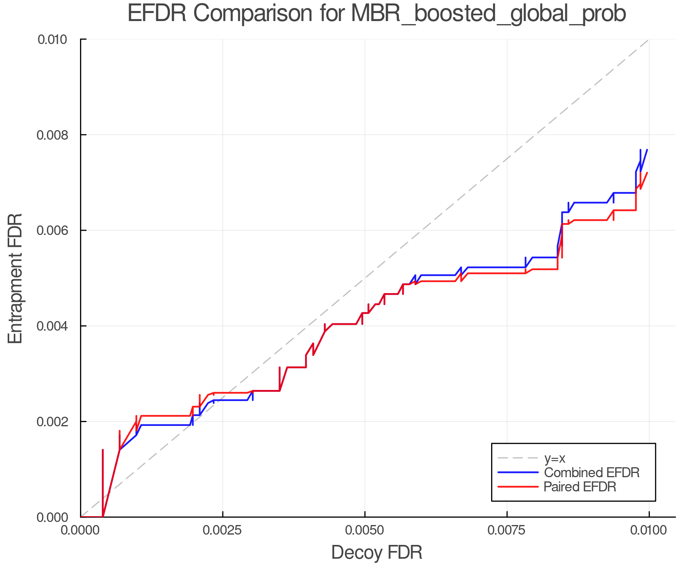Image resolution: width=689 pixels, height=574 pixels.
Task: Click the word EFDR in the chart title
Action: pos(157,14)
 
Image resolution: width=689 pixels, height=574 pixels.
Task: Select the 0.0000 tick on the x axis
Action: pos(81,531)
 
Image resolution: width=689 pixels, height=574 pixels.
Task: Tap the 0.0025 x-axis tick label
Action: pos(223,531)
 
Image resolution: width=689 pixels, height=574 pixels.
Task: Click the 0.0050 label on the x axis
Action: pos(365,531)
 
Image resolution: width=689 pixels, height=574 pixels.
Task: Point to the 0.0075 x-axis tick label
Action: pos(507,531)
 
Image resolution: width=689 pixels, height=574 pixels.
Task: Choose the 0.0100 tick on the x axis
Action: pos(649,531)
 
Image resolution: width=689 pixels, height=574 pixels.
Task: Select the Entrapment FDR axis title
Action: pos(15,278)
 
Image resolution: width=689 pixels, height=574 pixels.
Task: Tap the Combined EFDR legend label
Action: pos(592,473)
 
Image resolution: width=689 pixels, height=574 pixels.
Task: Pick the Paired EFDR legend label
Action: pos(580,487)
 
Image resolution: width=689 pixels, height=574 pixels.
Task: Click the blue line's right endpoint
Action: pos(647,150)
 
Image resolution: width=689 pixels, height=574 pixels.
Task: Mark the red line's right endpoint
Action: pos(647,173)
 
